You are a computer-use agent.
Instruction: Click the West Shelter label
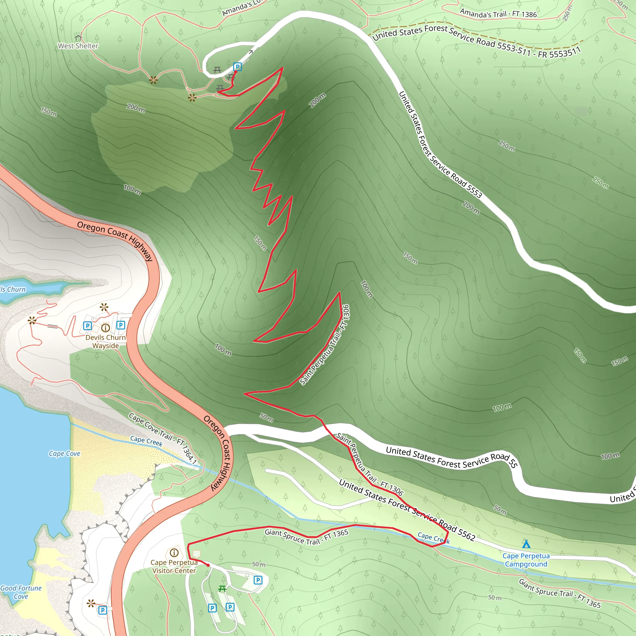(x=78, y=46)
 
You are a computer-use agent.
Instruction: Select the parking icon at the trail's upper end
(x=237, y=67)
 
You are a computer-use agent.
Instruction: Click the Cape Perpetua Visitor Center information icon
(x=174, y=553)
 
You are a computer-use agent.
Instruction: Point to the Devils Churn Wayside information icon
(x=105, y=328)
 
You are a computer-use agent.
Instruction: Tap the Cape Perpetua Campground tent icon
(x=526, y=543)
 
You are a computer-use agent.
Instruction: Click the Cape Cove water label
(x=65, y=454)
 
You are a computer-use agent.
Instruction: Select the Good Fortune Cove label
(x=21, y=592)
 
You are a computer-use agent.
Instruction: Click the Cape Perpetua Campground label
(x=526, y=560)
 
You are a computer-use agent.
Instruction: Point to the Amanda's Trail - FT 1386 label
(x=498, y=14)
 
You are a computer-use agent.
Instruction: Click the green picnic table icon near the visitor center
(x=222, y=588)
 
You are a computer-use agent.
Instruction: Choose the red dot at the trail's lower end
(x=208, y=565)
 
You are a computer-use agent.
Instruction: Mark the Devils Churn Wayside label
(x=105, y=341)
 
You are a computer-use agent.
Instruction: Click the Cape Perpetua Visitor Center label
(x=174, y=566)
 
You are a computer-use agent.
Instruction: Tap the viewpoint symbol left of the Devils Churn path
(x=32, y=320)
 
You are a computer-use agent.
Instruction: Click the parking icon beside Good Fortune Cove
(x=103, y=610)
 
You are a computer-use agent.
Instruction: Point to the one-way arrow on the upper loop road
(x=251, y=52)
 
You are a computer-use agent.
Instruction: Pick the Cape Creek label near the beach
(x=146, y=441)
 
